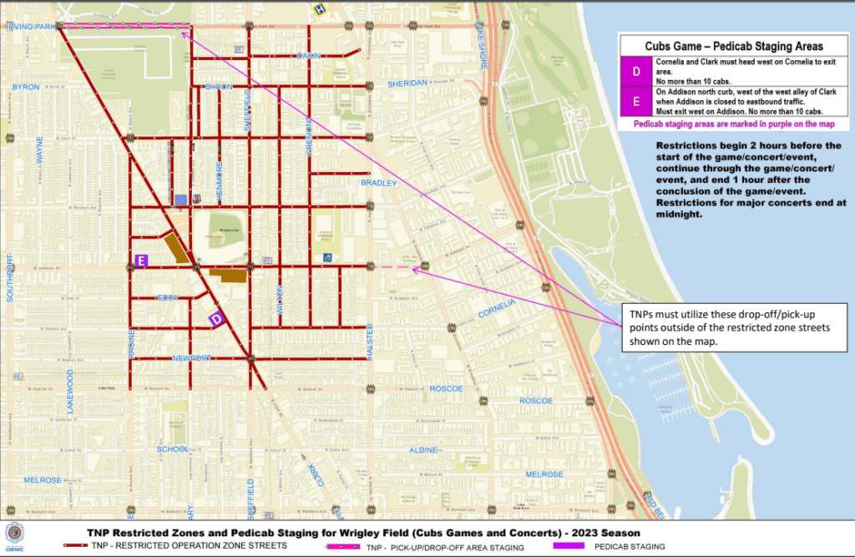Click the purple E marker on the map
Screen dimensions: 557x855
[141, 261]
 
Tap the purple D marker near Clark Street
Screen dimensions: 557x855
[216, 318]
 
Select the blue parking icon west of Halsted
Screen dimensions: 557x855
[326, 258]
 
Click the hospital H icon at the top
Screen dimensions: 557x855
[318, 9]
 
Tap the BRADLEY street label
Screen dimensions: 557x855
[377, 182]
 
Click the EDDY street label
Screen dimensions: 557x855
[168, 297]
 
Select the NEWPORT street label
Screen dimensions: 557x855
[192, 358]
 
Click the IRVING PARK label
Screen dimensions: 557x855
[31, 27]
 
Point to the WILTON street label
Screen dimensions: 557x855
[280, 300]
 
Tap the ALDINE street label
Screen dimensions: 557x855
[423, 450]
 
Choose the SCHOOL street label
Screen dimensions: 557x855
[173, 449]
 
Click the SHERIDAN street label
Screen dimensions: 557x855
[407, 83]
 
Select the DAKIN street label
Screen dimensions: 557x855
[309, 56]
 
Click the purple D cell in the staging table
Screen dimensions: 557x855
[636, 72]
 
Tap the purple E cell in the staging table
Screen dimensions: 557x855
[636, 101]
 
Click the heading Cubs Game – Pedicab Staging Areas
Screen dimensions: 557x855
[733, 46]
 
